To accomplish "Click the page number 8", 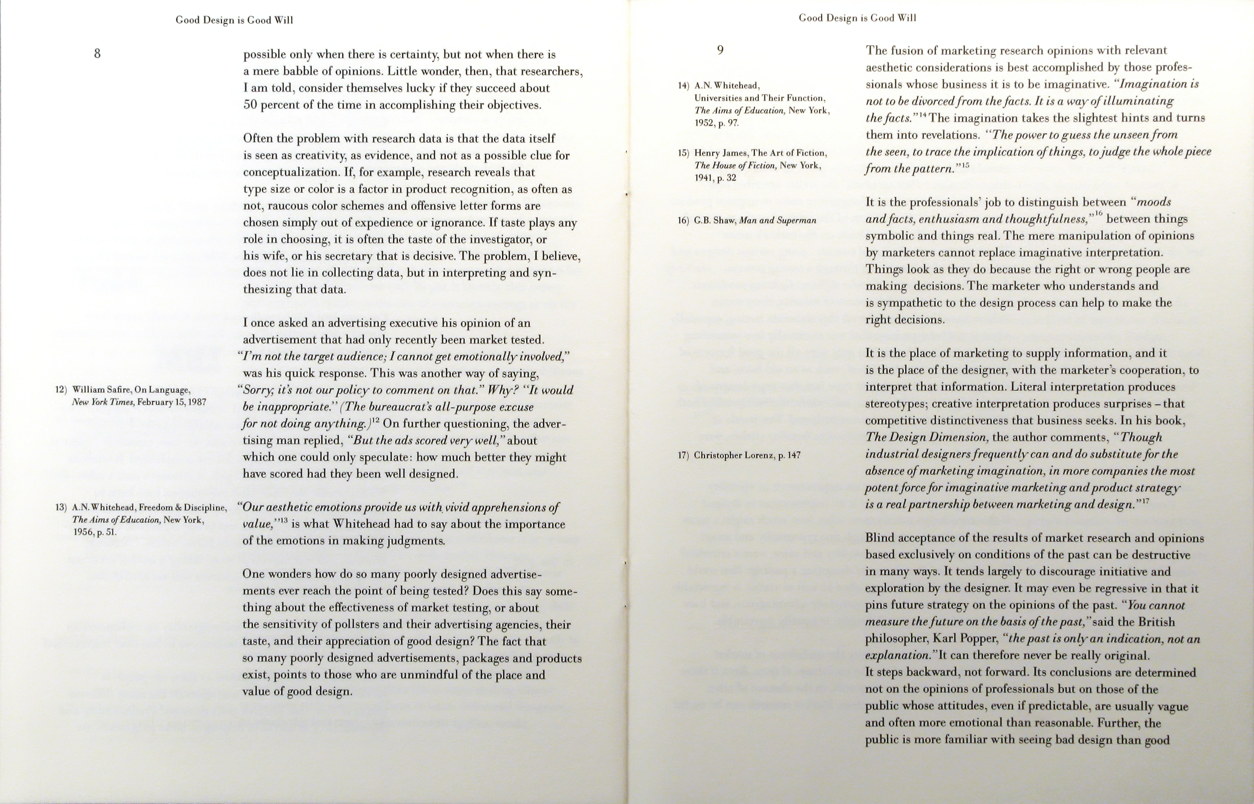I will click(x=97, y=53).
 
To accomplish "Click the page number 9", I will click(x=720, y=50).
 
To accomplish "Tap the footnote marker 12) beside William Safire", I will click(x=61, y=390).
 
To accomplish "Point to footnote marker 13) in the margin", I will click(x=61, y=507).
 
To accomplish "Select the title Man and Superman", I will click(x=777, y=220).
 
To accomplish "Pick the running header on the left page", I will click(x=234, y=20).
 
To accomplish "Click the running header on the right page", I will click(x=857, y=18).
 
